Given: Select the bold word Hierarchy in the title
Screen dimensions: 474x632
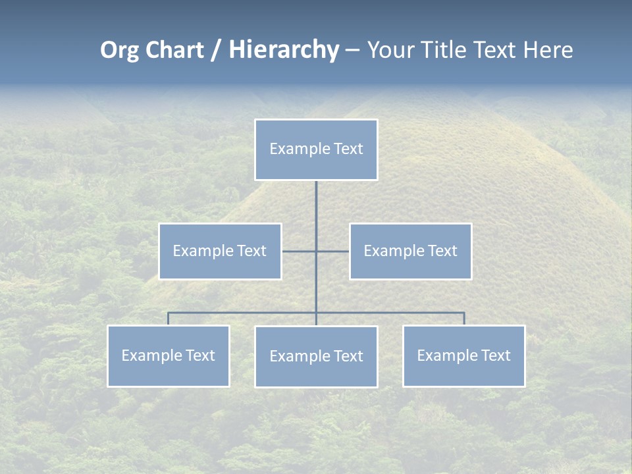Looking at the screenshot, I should pyautogui.click(x=284, y=50).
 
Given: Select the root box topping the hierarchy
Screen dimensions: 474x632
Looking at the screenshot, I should pyautogui.click(x=316, y=149).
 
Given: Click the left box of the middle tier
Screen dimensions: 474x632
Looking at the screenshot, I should pyautogui.click(x=220, y=251).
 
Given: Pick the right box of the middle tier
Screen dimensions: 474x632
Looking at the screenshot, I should pyautogui.click(x=410, y=251).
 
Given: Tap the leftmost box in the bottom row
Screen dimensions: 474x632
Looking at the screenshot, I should pyautogui.click(x=169, y=355).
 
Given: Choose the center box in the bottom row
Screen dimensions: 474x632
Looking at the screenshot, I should pyautogui.click(x=316, y=356).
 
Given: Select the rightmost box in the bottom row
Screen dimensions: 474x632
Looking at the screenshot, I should pyautogui.click(x=463, y=355).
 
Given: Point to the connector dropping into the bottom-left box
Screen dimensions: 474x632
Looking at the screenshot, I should pyautogui.click(x=169, y=319).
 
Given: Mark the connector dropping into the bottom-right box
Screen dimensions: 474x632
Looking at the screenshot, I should pyautogui.click(x=464, y=319).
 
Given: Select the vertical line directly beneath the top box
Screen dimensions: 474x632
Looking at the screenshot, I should pyautogui.click(x=316, y=204).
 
